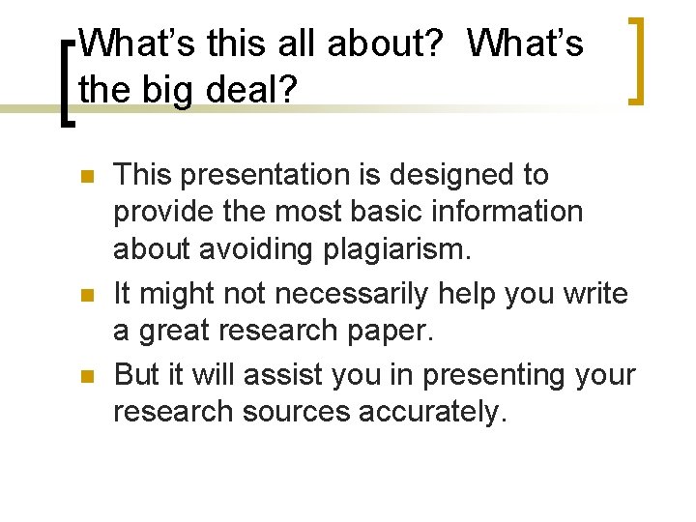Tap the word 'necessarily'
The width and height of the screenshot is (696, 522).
click(x=365, y=292)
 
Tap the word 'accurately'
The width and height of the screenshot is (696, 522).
click(x=433, y=411)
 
